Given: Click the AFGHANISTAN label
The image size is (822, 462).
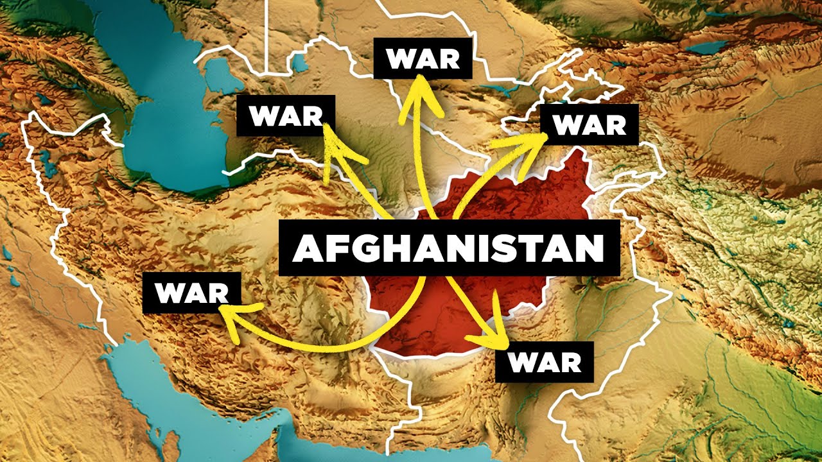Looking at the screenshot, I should click(448, 248).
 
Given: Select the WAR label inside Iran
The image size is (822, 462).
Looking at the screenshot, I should click(192, 293).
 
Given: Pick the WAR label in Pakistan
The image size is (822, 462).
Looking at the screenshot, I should click(545, 363).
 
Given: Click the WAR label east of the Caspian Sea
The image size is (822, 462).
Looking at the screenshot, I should click(286, 116).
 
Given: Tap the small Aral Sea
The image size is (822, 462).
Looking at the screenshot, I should click(299, 62).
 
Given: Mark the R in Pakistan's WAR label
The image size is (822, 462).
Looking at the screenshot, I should click(570, 363).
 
